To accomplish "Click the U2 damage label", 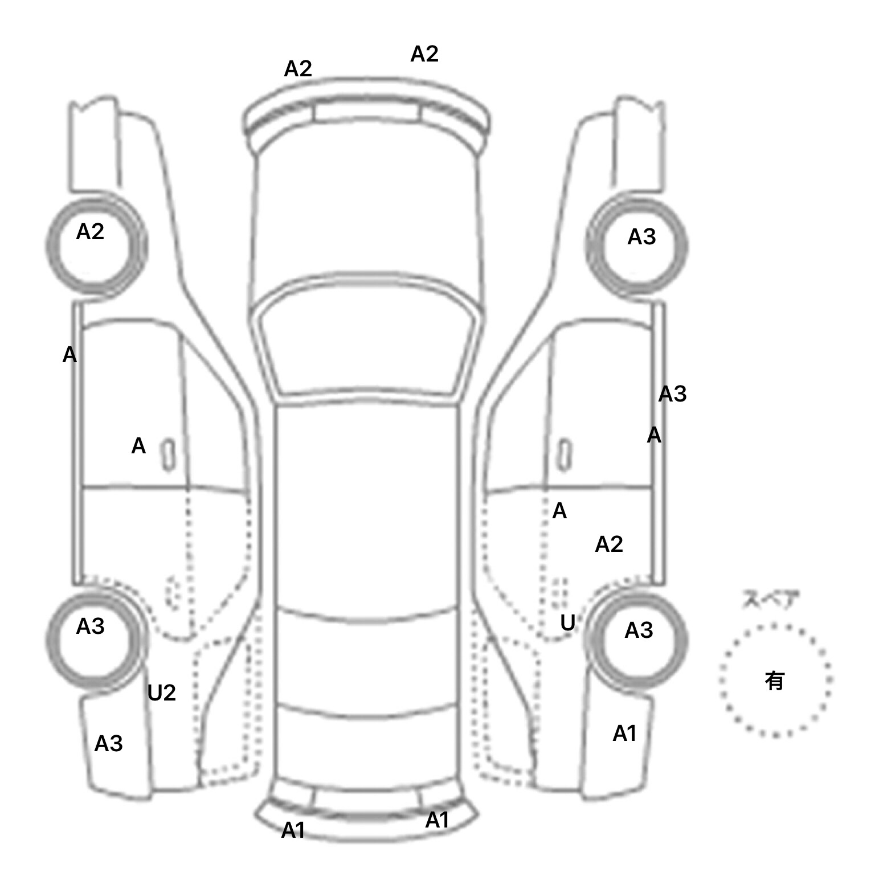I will click(161, 693).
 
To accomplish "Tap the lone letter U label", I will click(567, 624).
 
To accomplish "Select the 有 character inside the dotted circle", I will click(775, 681).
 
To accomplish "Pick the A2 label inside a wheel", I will click(90, 232).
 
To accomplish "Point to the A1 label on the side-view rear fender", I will click(624, 734).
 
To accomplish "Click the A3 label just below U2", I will click(108, 744).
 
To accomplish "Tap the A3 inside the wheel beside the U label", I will click(639, 630).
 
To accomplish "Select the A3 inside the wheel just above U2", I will click(90, 626).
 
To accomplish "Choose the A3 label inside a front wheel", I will click(641, 237).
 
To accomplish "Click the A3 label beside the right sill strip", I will click(673, 394).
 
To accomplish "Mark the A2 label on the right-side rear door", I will click(609, 545).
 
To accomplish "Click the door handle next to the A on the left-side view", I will click(169, 455).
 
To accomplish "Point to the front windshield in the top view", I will click(366, 342).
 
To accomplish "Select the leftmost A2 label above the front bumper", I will click(298, 69).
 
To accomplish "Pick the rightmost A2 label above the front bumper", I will click(424, 54).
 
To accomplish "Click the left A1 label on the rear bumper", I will click(293, 831).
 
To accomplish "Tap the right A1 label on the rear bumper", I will click(437, 820).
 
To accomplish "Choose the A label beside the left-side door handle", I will click(138, 446).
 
